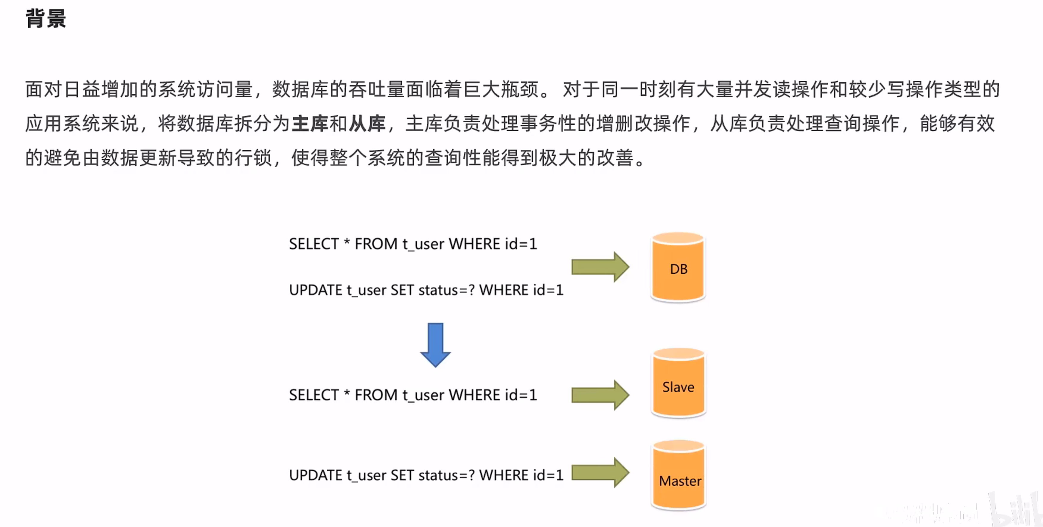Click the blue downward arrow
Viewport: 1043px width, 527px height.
[435, 344]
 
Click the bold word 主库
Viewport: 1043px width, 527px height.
[310, 124]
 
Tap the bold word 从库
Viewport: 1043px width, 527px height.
[367, 124]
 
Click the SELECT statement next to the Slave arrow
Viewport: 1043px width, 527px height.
[413, 395]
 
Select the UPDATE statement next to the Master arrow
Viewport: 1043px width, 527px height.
[426, 475]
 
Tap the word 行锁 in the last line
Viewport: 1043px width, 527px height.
[253, 158]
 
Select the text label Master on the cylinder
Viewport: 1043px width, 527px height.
[680, 481]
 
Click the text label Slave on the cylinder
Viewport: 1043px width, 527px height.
[678, 387]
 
